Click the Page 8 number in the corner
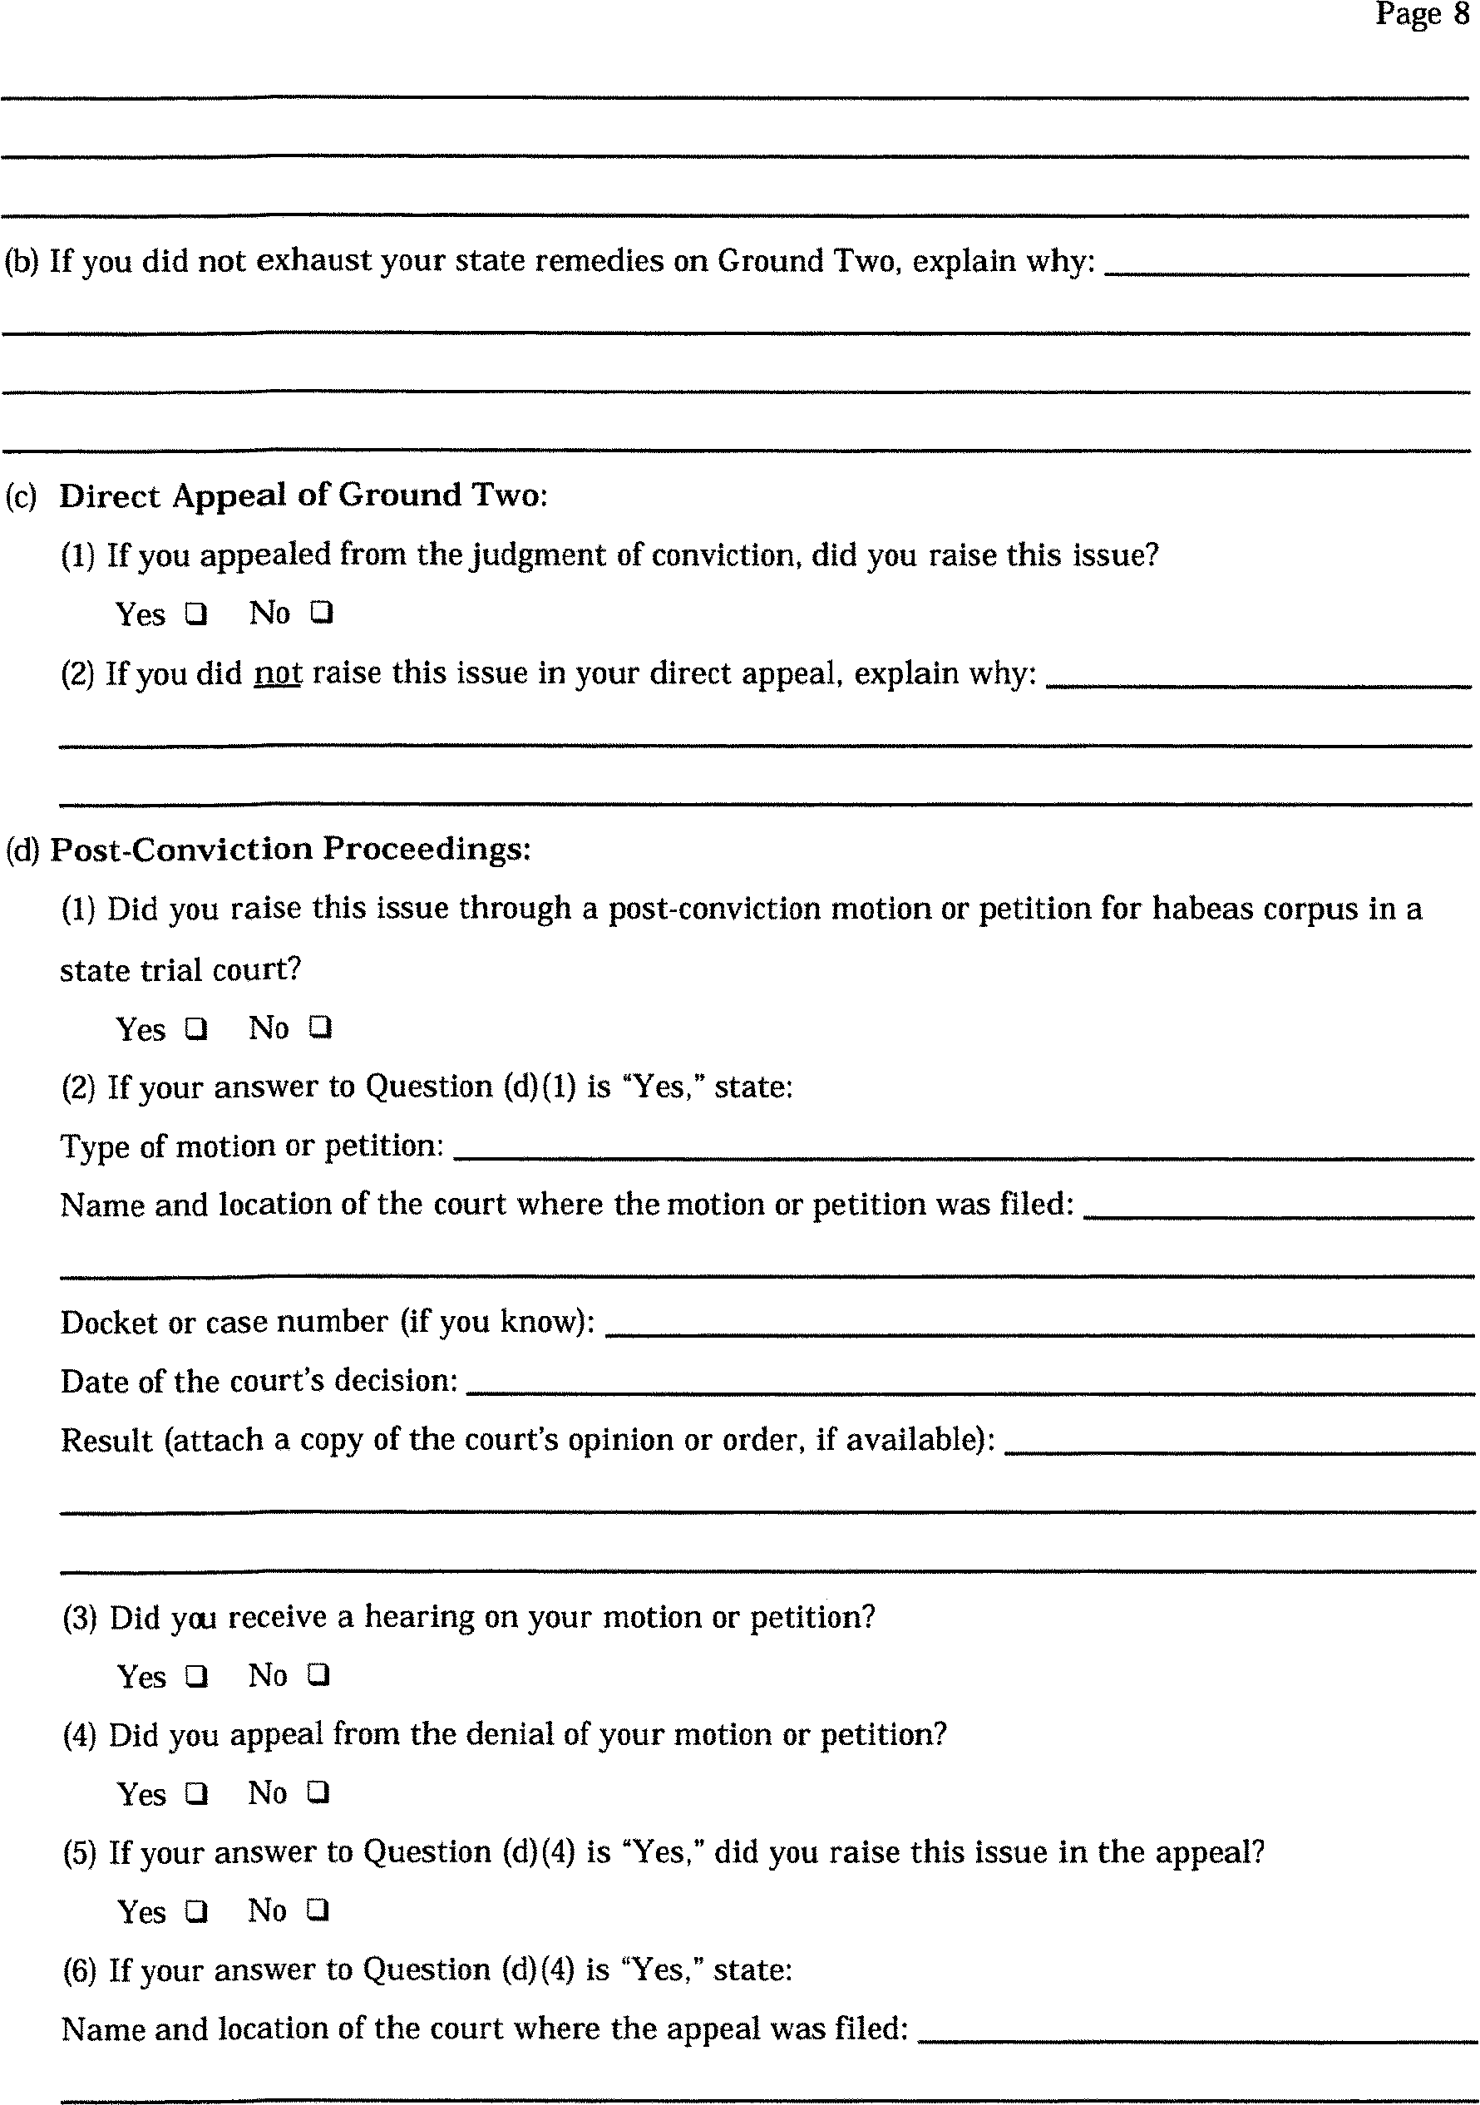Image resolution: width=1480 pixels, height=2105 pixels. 1421,15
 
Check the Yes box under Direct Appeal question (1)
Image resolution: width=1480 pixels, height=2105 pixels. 195,614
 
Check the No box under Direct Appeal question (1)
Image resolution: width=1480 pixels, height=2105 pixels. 321,613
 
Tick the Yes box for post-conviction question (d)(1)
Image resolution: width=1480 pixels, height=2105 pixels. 195,1028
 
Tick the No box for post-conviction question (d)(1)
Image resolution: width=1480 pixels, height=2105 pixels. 319,1028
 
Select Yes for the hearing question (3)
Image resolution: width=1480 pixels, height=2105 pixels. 195,1676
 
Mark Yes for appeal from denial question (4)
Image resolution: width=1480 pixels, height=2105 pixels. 195,1793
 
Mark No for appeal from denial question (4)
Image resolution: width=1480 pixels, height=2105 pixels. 318,1792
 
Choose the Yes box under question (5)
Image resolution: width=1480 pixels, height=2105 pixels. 195,1911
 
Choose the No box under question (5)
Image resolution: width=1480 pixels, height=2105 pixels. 318,1910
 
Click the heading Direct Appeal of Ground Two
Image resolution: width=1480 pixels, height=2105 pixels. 303,496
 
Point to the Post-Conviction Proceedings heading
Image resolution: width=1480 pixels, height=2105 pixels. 290,849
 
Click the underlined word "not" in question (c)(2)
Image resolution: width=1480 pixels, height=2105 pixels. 278,674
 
